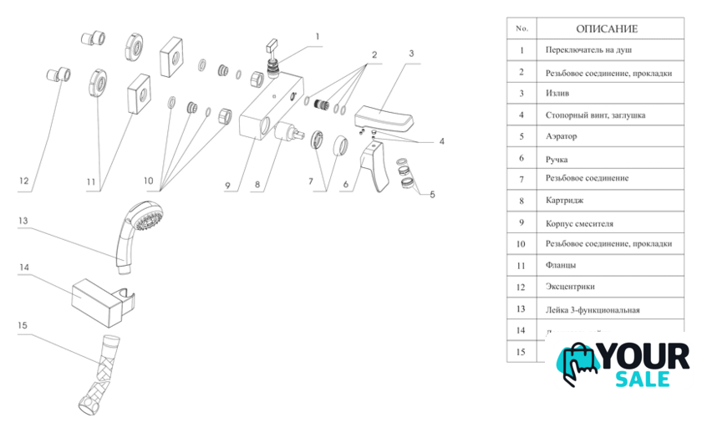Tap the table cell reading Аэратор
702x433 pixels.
[562, 136]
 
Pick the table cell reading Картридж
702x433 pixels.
[565, 201]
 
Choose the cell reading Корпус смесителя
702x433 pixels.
[578, 223]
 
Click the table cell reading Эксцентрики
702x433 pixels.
[571, 287]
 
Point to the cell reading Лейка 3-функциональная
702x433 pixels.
[593, 309]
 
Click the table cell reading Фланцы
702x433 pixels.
[560, 265]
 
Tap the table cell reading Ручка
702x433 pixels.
[556, 158]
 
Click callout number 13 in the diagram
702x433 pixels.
[24, 221]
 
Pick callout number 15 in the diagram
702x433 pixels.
[23, 325]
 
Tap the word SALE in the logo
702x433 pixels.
[643, 379]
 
